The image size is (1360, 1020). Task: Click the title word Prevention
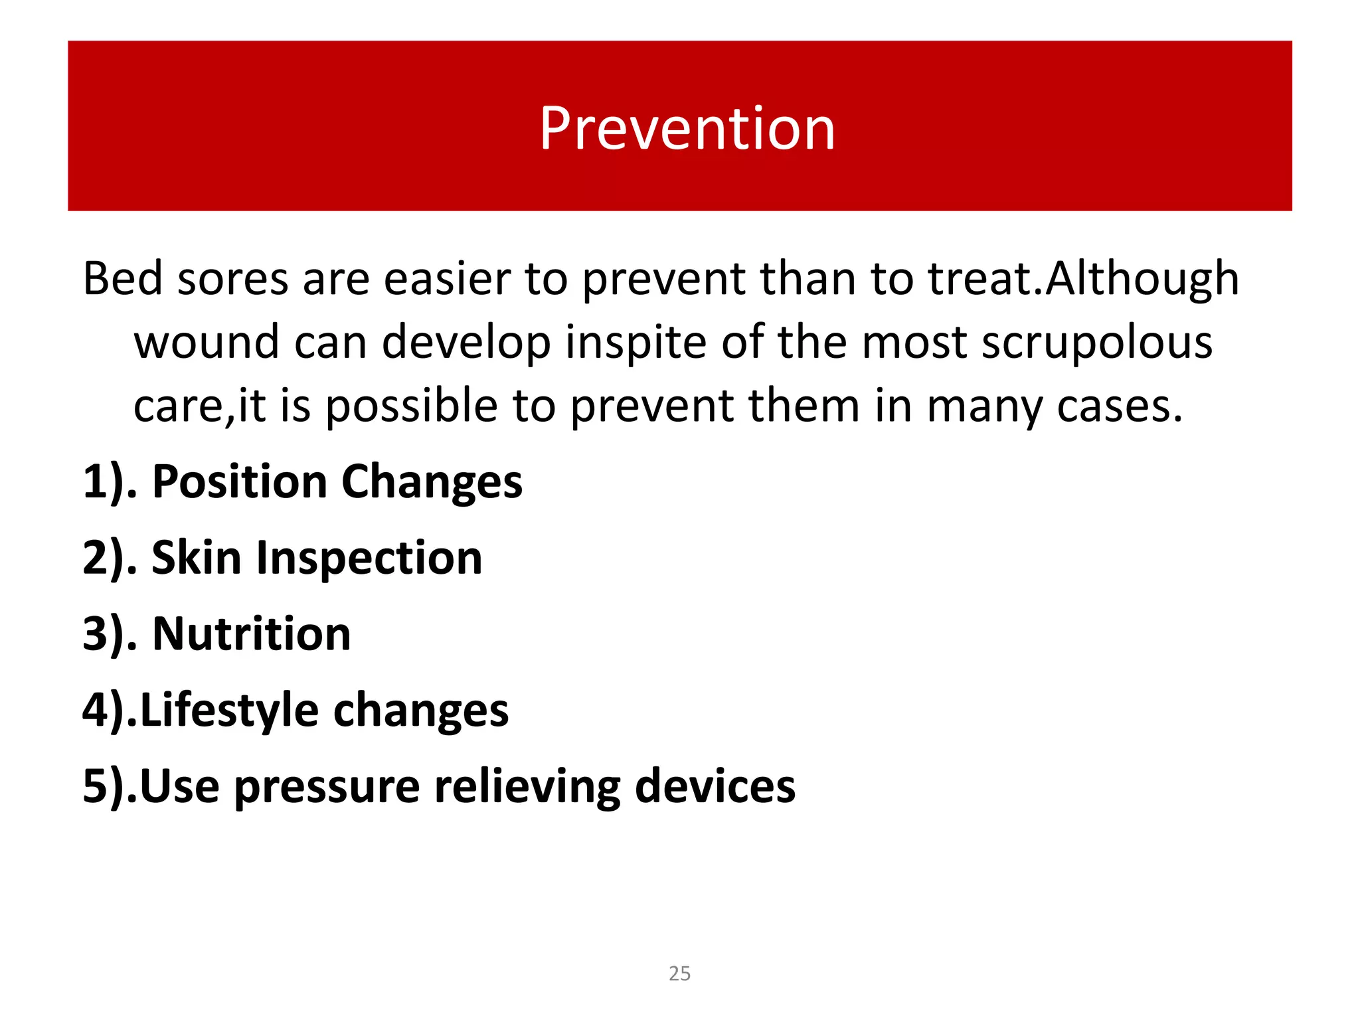coord(687,129)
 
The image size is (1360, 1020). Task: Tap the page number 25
coord(679,974)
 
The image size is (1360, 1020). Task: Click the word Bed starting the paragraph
coord(122,278)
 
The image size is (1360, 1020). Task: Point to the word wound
coord(206,342)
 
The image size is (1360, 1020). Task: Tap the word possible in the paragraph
coord(411,406)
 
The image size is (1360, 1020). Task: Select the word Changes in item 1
coord(432,483)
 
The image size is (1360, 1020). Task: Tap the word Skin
coord(196,558)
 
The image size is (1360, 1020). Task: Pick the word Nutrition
coord(252,634)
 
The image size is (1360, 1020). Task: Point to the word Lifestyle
coord(230,711)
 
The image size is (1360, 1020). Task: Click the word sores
coord(232,278)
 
